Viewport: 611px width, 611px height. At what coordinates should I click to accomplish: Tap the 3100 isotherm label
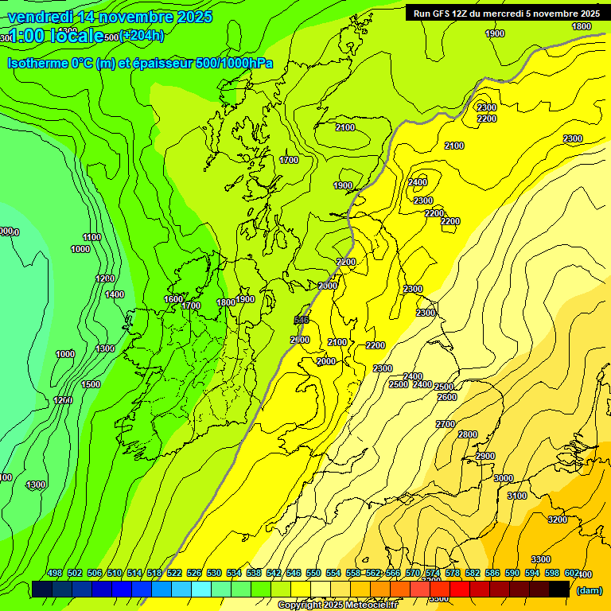tap(517, 496)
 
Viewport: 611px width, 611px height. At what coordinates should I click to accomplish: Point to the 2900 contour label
tap(485, 456)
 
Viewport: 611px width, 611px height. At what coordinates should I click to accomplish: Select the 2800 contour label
tap(468, 434)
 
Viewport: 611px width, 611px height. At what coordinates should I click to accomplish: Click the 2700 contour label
tap(446, 424)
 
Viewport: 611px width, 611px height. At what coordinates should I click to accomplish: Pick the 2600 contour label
tap(447, 397)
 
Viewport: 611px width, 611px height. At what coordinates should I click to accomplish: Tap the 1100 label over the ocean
tap(91, 237)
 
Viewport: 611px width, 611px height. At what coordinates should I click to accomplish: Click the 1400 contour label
tap(115, 294)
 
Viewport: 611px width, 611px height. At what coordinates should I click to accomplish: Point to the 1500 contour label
tap(91, 384)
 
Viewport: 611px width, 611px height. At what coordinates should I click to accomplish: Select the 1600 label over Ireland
tap(173, 299)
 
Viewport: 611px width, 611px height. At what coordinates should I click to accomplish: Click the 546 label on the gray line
tap(302, 320)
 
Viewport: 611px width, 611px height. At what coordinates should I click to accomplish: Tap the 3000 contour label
tap(503, 478)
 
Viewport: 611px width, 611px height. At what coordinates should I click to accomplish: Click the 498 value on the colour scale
tap(54, 573)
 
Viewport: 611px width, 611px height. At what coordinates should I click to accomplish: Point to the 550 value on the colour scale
tap(313, 573)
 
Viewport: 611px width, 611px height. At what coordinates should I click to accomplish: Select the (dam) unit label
tap(589, 590)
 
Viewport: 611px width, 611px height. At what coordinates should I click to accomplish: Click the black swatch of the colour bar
tap(559, 589)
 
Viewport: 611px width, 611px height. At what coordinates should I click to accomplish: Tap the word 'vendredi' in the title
tap(40, 17)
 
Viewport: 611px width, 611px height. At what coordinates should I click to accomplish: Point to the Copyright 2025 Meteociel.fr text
tap(337, 605)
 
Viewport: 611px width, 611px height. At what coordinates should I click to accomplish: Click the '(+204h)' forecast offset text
tap(142, 35)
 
